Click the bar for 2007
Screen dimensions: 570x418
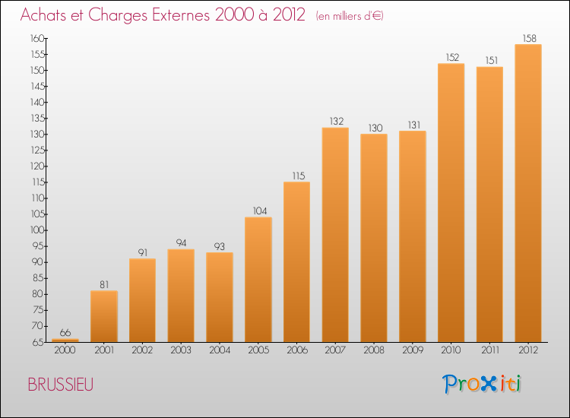click(x=335, y=235)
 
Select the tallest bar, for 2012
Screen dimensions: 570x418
click(x=528, y=193)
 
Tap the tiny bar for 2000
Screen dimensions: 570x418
click(x=65, y=340)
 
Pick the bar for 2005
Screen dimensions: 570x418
click(x=258, y=280)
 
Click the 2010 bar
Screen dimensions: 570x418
click(x=451, y=203)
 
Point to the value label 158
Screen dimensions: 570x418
click(x=529, y=38)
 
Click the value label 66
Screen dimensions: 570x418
click(x=65, y=333)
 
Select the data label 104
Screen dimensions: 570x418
click(x=260, y=211)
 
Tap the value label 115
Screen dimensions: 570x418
click(x=299, y=176)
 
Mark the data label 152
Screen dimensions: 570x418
click(x=453, y=58)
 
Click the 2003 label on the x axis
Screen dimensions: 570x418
click(x=181, y=350)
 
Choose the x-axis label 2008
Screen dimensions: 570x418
click(x=374, y=350)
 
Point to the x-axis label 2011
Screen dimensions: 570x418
click(x=490, y=350)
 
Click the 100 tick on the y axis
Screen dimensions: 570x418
click(x=37, y=230)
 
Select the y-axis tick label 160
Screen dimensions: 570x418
click(x=37, y=38)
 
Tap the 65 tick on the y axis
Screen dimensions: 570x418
click(x=38, y=342)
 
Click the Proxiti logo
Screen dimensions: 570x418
click(x=482, y=384)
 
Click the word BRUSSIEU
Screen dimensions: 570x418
click(x=61, y=385)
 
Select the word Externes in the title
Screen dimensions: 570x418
click(x=181, y=15)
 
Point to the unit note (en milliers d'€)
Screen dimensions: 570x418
click(x=350, y=16)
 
